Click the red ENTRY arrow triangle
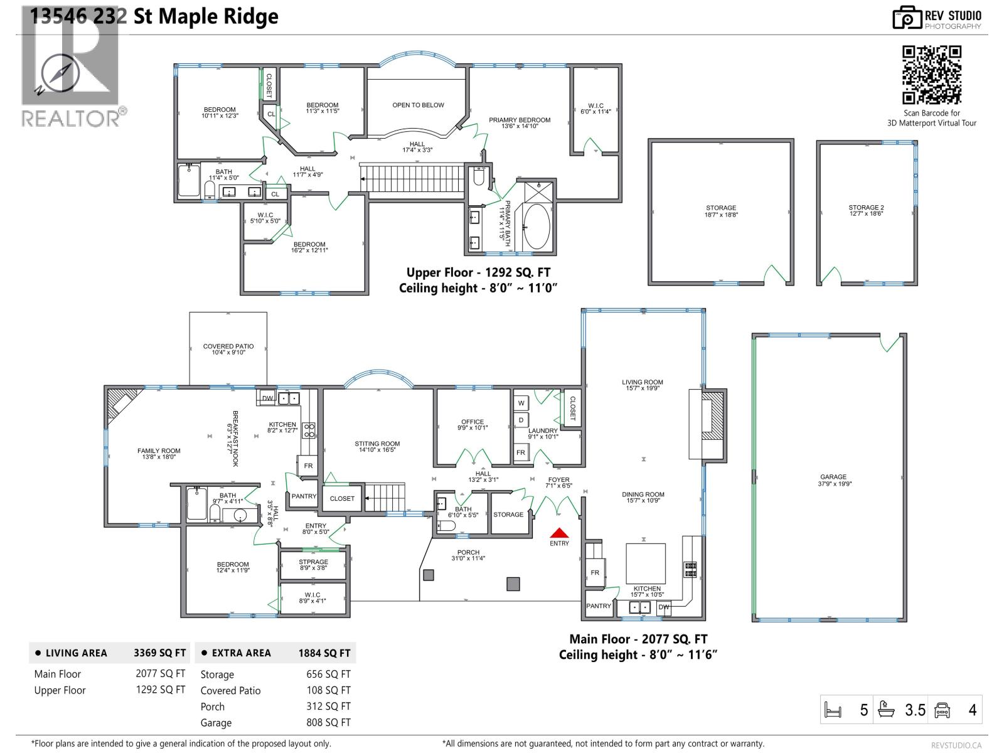click(x=559, y=533)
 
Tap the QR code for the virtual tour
click(x=932, y=75)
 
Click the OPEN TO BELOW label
click(x=418, y=105)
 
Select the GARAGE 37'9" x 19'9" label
click(x=833, y=480)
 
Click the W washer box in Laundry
click(x=521, y=403)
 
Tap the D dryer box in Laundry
click(x=521, y=420)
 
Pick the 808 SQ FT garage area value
click(x=328, y=722)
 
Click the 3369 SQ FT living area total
click(x=159, y=653)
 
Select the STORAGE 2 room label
click(x=866, y=210)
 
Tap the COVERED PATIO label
click(x=228, y=349)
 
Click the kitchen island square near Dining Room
click(x=646, y=563)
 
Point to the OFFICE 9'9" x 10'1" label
click(x=473, y=425)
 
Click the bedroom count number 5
click(x=864, y=710)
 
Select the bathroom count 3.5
click(x=915, y=710)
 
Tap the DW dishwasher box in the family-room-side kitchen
click(x=267, y=398)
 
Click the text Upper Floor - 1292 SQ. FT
click(x=478, y=272)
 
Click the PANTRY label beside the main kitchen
click(x=599, y=606)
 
